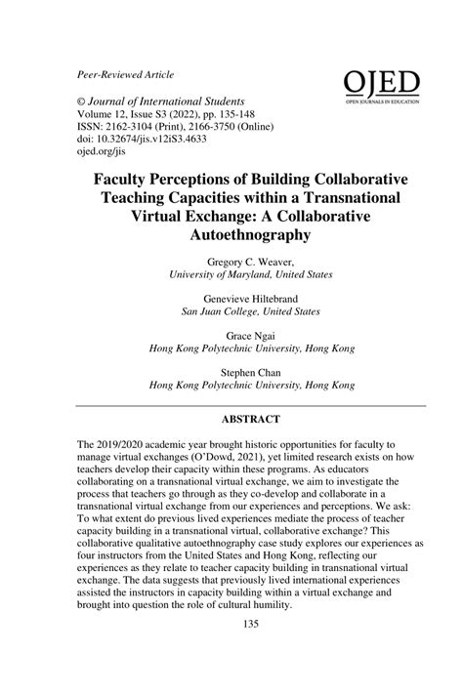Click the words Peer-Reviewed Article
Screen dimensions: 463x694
pos(125,75)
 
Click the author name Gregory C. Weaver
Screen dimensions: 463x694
pos(250,264)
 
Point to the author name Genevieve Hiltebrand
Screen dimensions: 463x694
pos(250,299)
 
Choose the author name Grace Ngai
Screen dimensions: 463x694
pos(250,334)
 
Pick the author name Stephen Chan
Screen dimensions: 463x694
pos(250,370)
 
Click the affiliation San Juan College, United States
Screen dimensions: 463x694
pos(250,312)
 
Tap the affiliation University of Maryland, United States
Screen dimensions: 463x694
pos(250,276)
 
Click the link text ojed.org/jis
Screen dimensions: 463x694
pos(104,155)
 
